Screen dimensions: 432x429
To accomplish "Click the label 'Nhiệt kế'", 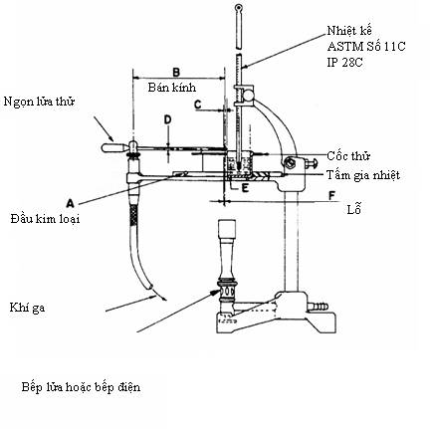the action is [x=349, y=31].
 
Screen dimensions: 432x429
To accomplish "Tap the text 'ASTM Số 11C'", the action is [x=366, y=47].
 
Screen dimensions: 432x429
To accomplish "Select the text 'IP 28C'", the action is [x=344, y=63].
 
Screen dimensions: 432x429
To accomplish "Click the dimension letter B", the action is [x=176, y=72].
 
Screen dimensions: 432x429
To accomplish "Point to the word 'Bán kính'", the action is [x=172, y=88].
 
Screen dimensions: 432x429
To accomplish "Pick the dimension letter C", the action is [x=198, y=105].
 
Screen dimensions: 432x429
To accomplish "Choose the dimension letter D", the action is [x=168, y=119].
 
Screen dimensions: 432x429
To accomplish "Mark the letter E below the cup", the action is [x=245, y=188].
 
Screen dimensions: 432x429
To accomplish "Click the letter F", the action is [x=331, y=196].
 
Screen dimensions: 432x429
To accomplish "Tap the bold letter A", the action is [x=70, y=203].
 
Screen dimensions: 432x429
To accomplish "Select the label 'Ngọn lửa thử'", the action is [x=39, y=102].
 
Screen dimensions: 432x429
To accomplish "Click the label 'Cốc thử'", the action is [x=348, y=155].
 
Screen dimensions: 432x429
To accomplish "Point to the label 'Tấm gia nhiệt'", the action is [x=363, y=175].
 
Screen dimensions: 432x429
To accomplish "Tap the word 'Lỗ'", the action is [x=353, y=209].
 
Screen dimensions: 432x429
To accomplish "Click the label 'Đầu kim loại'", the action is [x=45, y=219].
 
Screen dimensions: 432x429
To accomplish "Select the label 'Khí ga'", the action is [x=27, y=308].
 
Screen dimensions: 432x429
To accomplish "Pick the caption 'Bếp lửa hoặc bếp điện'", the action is [x=81, y=387].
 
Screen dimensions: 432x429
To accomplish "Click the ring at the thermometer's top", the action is [x=239, y=7].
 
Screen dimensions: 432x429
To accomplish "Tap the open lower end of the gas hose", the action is [x=150, y=286].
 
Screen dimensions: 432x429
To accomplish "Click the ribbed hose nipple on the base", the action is [x=319, y=306].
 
